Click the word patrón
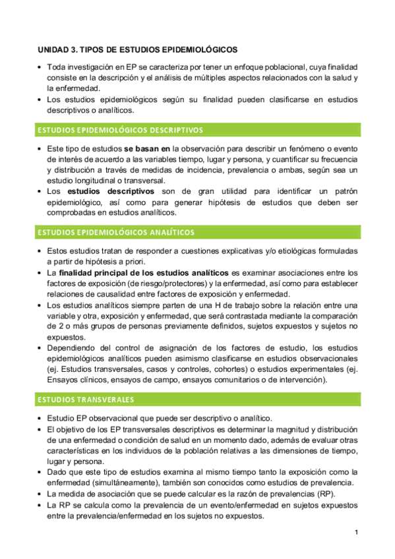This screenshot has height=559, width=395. [344, 191]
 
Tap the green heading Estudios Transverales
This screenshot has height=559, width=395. [86, 399]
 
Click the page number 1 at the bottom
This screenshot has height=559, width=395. [356, 532]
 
